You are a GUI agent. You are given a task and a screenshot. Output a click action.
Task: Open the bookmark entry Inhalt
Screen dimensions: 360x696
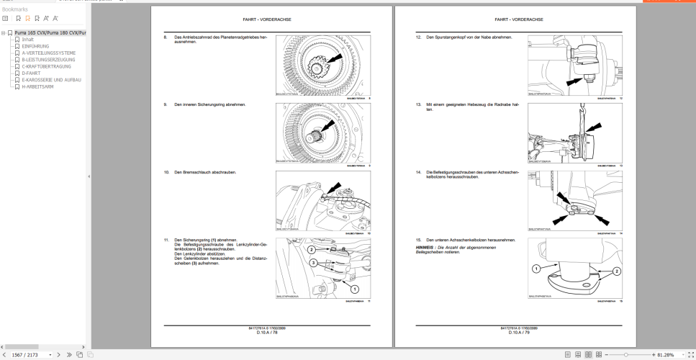[x=27, y=40]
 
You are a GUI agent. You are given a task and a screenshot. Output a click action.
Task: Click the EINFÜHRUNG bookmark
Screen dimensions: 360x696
[x=35, y=46]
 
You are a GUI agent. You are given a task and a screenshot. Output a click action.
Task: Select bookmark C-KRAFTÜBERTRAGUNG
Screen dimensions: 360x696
[x=46, y=66]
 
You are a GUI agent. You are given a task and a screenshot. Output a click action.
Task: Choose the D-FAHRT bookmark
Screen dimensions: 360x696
[x=31, y=73]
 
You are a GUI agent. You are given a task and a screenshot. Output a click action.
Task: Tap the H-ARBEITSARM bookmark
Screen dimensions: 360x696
[x=37, y=86]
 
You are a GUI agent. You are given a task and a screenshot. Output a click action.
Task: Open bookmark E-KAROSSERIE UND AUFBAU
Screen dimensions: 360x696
[x=51, y=80]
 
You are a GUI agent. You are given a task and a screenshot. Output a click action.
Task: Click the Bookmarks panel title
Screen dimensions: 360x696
[x=15, y=9]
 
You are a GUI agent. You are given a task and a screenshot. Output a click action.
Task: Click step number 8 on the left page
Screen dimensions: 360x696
[x=166, y=37]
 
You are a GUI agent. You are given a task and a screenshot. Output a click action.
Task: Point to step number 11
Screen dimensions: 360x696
[x=166, y=240]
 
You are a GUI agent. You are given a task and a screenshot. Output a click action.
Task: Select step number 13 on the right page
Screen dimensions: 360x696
[x=418, y=104]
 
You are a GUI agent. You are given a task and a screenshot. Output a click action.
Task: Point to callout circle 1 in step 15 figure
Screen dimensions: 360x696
[x=535, y=269]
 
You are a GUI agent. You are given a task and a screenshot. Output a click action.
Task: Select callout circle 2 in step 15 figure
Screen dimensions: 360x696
[x=615, y=272]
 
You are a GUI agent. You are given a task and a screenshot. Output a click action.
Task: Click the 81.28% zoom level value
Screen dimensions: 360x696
[x=665, y=354]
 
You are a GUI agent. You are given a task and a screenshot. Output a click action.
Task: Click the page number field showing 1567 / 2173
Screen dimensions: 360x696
[x=27, y=354]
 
